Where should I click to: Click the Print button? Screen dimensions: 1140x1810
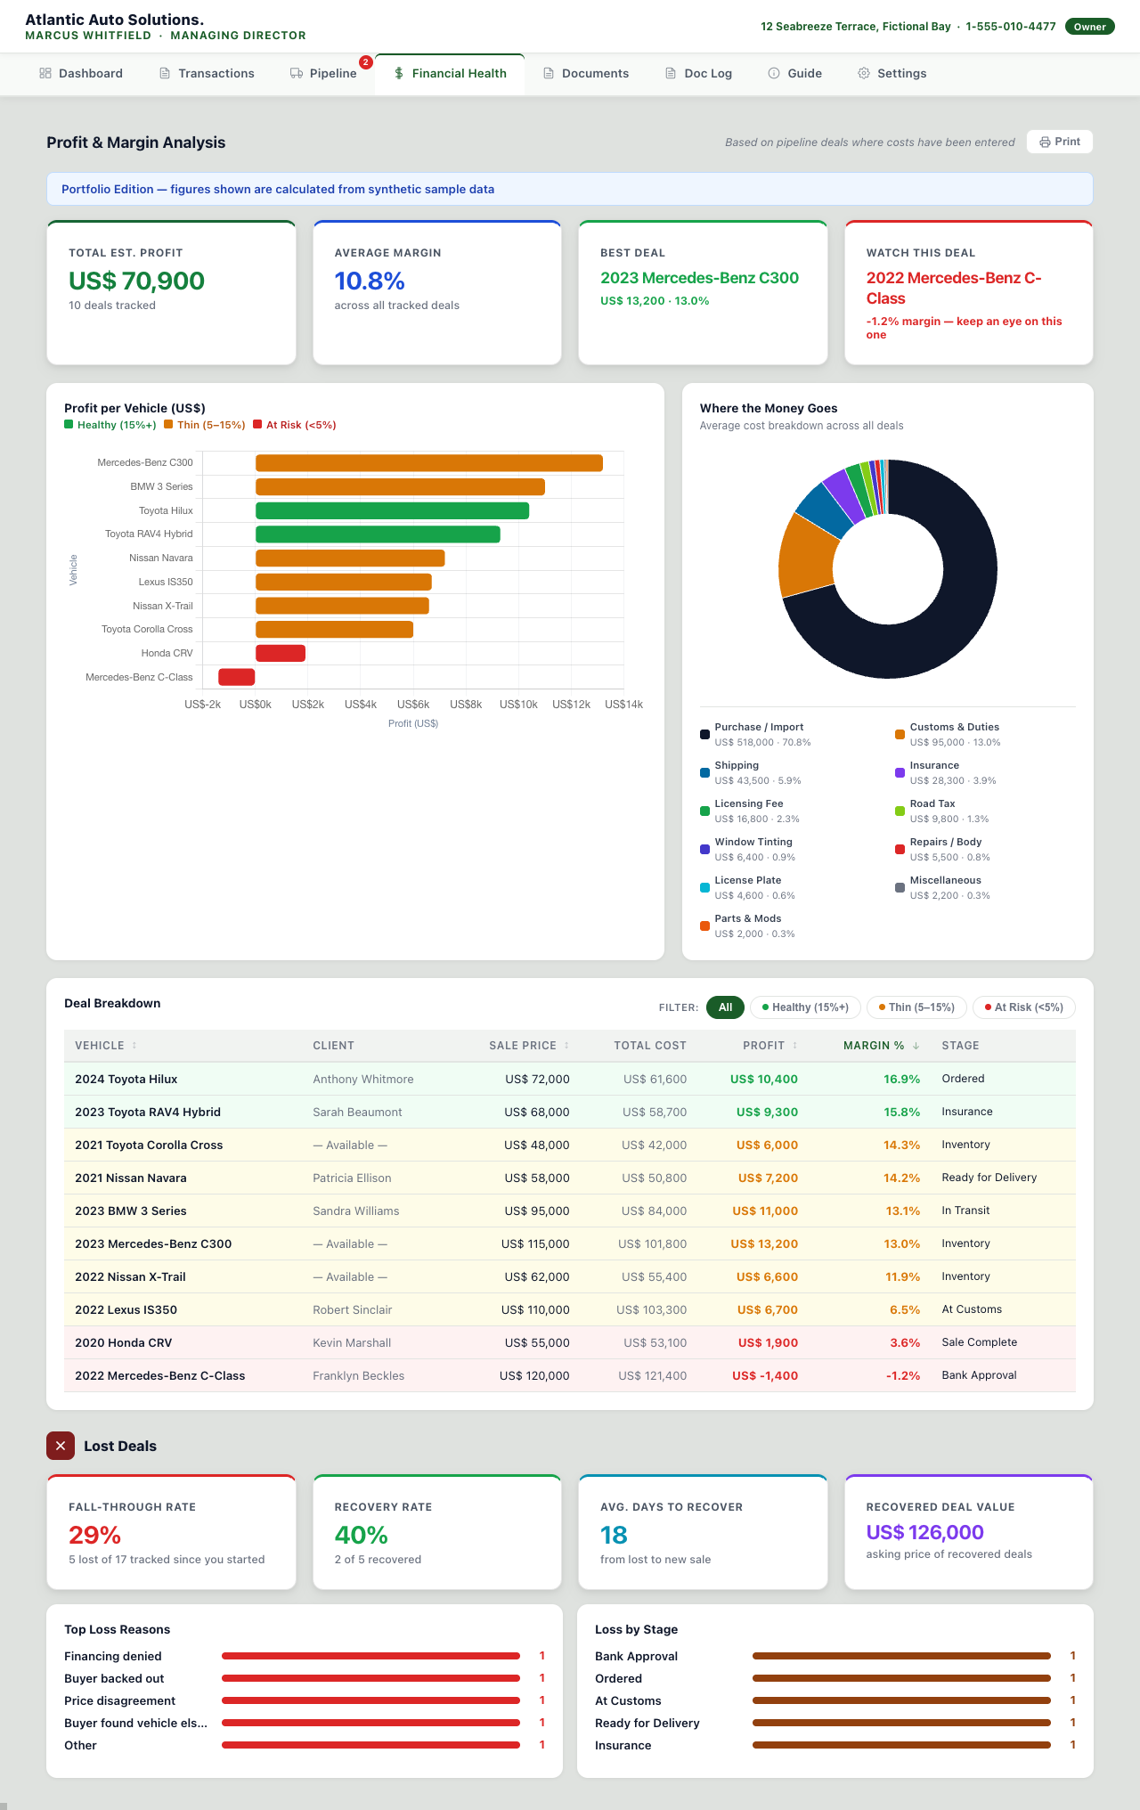pyautogui.click(x=1059, y=142)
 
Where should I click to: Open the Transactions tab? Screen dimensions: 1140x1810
pyautogui.click(x=207, y=73)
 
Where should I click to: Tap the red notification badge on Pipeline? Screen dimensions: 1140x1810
pyautogui.click(x=365, y=61)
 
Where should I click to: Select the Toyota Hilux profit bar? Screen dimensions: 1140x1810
pyautogui.click(x=392, y=510)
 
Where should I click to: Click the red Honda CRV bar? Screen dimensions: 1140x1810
pyautogui.click(x=281, y=653)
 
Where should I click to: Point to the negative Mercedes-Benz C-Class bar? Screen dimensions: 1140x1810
pyautogui.click(x=237, y=677)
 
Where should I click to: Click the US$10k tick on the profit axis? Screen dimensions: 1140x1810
pyautogui.click(x=518, y=705)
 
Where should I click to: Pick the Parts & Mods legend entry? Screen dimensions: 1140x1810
pyautogui.click(x=747, y=925)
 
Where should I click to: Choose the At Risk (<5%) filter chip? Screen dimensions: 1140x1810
pyautogui.click(x=1024, y=1007)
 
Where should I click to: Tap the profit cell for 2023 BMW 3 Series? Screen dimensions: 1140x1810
pyautogui.click(x=765, y=1211)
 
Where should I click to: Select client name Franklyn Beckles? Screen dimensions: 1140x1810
pyautogui.click(x=358, y=1376)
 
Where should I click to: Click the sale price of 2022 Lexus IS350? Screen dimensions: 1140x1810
pyautogui.click(x=535, y=1310)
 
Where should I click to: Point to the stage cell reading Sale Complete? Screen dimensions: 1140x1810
pyautogui.click(x=979, y=1342)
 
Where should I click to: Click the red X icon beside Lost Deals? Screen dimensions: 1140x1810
pyautogui.click(x=61, y=1446)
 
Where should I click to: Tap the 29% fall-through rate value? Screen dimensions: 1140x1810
pyautogui.click(x=94, y=1535)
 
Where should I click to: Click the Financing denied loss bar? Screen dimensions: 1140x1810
pyautogui.click(x=370, y=1656)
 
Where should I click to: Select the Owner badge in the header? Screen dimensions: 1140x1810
pyautogui.click(x=1089, y=27)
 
